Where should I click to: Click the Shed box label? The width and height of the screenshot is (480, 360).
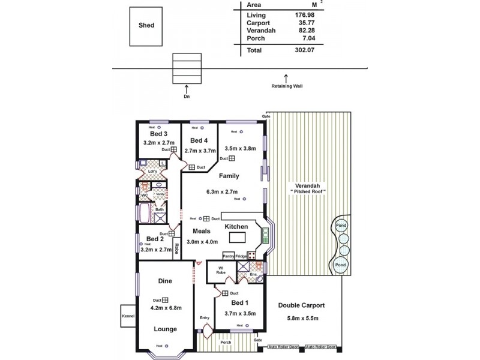(146, 26)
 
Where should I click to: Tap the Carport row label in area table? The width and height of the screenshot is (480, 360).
(258, 23)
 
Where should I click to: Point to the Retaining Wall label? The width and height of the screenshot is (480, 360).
(287, 86)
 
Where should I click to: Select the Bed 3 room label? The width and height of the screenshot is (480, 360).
(151, 134)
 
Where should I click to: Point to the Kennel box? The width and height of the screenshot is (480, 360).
(128, 316)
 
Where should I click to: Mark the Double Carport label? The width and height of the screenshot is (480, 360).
(302, 305)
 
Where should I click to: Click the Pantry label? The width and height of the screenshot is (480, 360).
(228, 256)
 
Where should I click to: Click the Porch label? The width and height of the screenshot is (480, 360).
(242, 343)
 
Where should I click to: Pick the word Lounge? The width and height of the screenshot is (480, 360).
(165, 328)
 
